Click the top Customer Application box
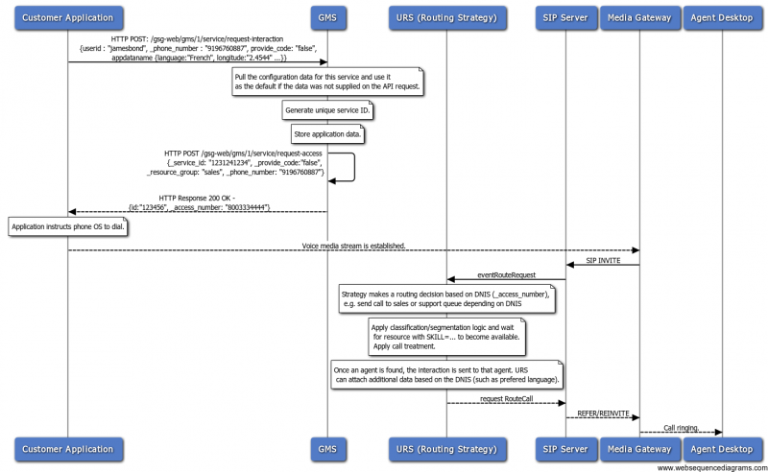tap(67, 17)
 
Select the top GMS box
tap(327, 17)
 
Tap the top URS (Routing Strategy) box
tap(446, 17)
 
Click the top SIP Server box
tap(564, 17)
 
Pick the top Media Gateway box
tap(639, 17)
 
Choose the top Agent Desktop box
tap(723, 17)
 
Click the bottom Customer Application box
tap(67, 447)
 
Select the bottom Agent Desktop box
tap(723, 447)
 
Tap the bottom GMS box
tap(327, 447)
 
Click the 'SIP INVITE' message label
tap(602, 259)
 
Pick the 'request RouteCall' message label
tap(505, 396)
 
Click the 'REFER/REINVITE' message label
tap(602, 412)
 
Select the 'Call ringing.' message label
tap(681, 427)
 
